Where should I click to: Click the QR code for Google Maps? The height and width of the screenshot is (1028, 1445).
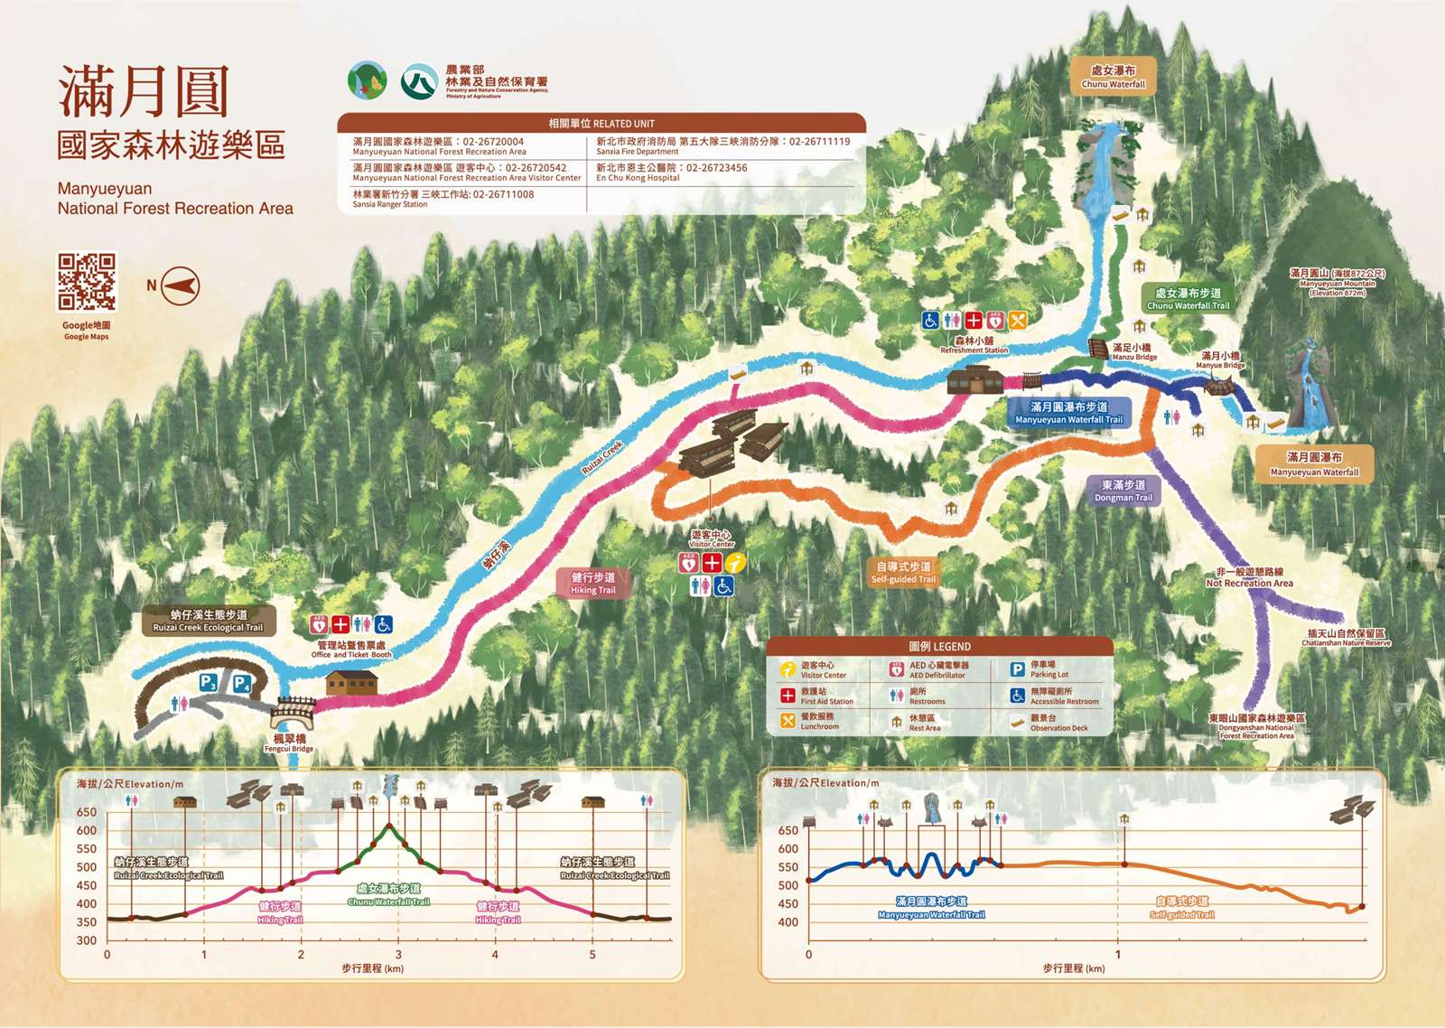pos(87,281)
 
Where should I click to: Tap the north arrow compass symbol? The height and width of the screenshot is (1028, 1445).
pos(180,286)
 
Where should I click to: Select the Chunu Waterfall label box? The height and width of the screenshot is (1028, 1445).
pos(1113,77)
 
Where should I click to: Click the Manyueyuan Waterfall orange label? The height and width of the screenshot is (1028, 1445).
pos(1314,464)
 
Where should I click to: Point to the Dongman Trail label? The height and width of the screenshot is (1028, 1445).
pos(1123,491)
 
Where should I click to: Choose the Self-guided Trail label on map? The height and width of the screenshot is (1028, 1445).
pos(903,573)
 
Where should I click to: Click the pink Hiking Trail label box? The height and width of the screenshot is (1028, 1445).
pos(592,583)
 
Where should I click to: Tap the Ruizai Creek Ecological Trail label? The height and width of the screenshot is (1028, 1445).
pos(208,621)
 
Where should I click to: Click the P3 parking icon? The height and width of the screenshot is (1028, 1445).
pos(208,682)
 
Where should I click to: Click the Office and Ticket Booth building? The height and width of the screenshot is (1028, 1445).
pos(351,682)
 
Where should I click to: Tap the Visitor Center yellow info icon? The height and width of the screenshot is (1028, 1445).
pos(736,563)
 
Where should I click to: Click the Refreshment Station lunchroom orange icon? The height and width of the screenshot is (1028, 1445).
pos(1018,320)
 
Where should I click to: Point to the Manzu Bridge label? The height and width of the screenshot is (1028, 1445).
pos(1133,351)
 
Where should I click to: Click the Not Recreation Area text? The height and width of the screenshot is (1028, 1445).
pos(1249,583)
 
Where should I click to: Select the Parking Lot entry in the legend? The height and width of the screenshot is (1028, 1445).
pos(1048,669)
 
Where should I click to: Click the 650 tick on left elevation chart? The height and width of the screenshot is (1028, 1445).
pos(87,812)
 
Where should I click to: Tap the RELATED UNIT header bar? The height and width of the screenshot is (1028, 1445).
pos(601,123)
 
